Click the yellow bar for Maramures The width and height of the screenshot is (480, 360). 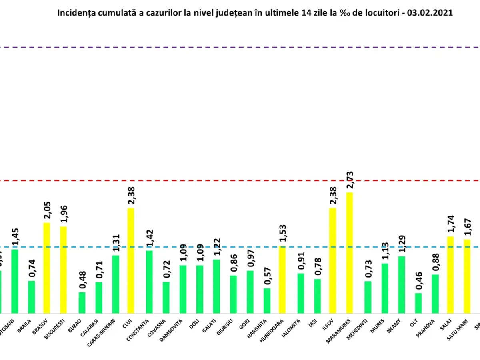(x=349, y=252)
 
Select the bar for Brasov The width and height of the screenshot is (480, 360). (x=47, y=268)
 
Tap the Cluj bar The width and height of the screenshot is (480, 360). (x=131, y=260)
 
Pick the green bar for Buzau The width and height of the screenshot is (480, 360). (x=82, y=302)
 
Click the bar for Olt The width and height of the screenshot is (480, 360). (x=418, y=303)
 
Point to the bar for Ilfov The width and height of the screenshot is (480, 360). (x=332, y=260)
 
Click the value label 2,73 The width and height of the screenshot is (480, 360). (x=350, y=181)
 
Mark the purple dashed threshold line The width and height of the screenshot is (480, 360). (x=240, y=48)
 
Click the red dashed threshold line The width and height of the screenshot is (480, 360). (x=240, y=180)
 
